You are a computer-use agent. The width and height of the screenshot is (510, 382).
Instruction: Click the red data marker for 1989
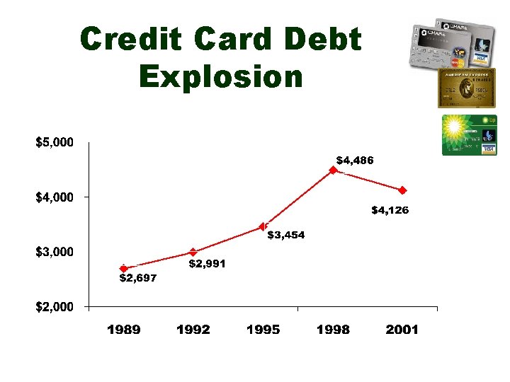click(x=123, y=268)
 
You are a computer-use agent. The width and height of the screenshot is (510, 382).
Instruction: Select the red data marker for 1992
click(x=193, y=252)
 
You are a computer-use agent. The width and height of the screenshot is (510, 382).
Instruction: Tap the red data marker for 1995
click(x=263, y=226)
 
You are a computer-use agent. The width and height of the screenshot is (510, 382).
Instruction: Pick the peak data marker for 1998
click(x=333, y=170)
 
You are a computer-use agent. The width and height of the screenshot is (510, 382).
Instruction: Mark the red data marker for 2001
click(x=402, y=190)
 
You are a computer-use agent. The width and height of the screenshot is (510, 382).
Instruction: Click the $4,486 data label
click(x=354, y=161)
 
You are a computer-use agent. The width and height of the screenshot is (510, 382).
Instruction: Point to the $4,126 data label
click(x=390, y=210)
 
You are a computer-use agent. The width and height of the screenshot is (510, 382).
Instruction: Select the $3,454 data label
click(x=285, y=236)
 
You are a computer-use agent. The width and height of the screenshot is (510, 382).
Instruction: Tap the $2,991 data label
click(x=207, y=264)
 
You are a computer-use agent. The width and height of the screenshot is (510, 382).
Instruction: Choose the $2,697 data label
click(x=137, y=278)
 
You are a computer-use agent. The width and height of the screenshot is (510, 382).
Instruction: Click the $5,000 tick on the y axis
click(x=55, y=142)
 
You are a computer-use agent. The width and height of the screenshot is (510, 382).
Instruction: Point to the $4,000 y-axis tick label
click(x=55, y=197)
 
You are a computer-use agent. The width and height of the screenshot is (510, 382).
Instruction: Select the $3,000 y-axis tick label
click(x=55, y=252)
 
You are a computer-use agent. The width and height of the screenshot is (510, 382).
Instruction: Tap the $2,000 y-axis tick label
click(x=55, y=306)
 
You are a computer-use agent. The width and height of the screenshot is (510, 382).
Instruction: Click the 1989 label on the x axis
click(x=123, y=330)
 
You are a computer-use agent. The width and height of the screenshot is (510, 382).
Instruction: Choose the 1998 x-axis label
click(x=333, y=330)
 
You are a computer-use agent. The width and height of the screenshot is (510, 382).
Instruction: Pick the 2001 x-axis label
click(x=402, y=330)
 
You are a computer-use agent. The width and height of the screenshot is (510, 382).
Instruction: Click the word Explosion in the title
click(x=221, y=75)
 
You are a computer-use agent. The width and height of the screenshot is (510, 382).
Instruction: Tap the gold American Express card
click(x=466, y=88)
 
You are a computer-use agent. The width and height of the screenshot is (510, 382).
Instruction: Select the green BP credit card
click(x=469, y=134)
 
